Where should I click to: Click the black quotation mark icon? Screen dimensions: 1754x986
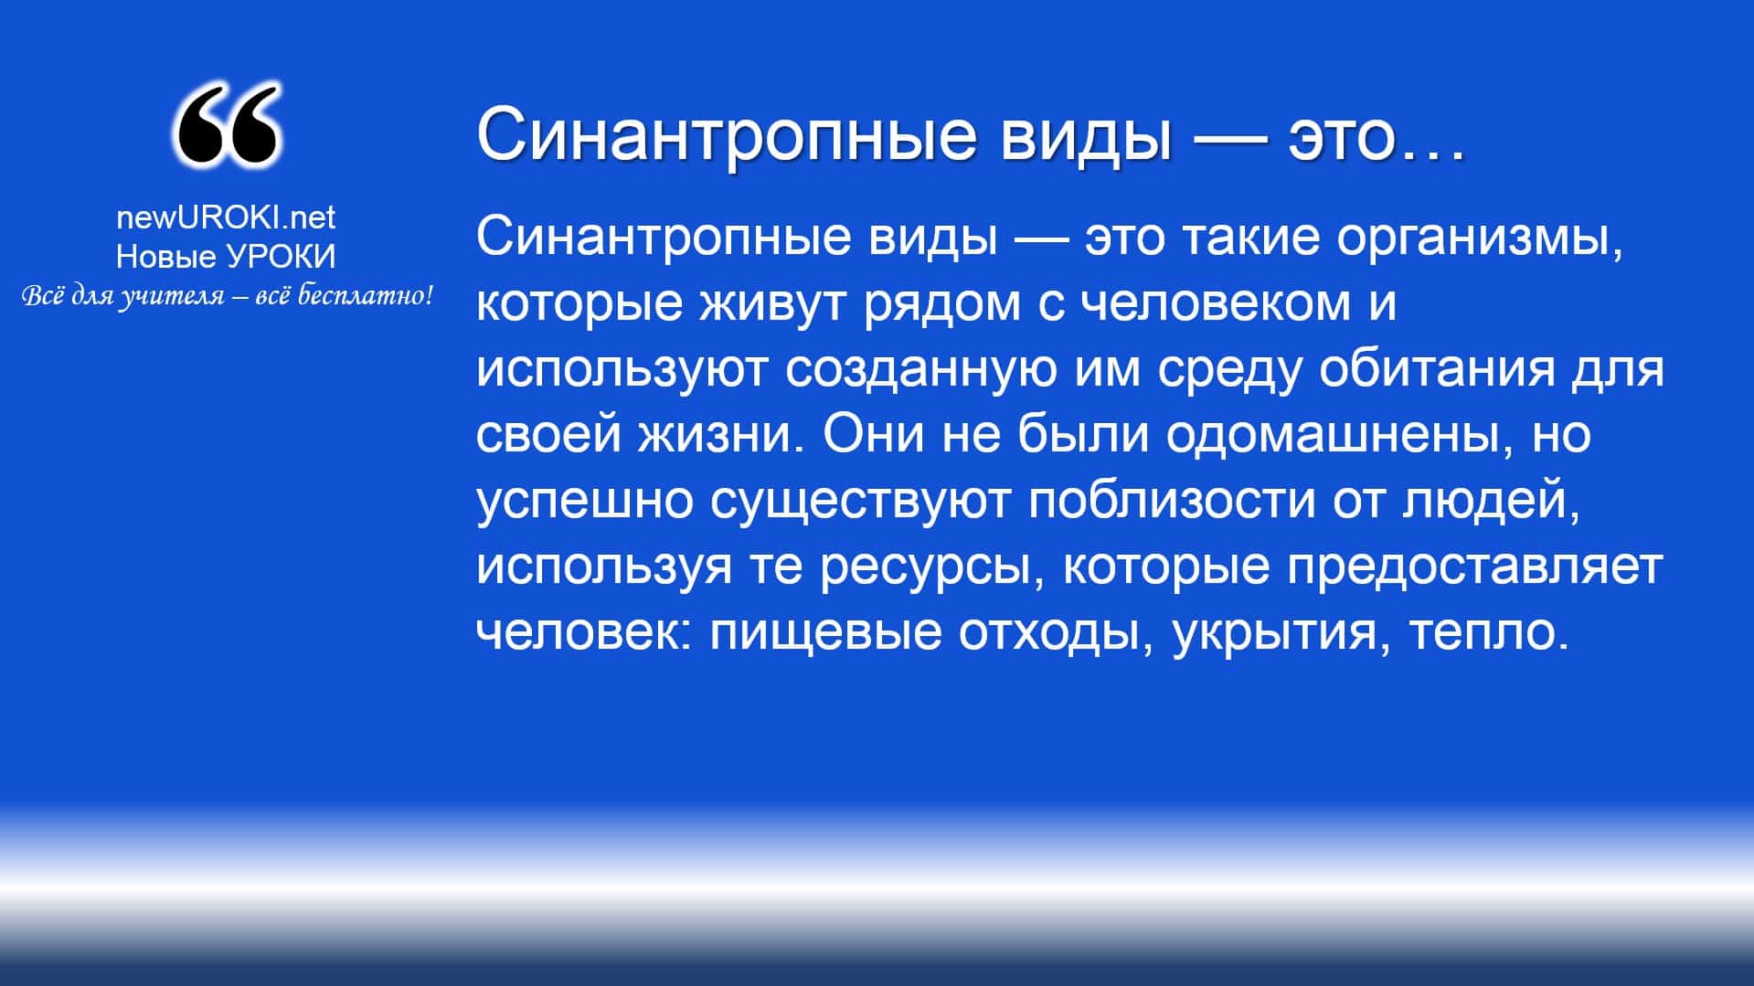click(x=226, y=126)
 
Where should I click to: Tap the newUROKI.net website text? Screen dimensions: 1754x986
click(x=226, y=217)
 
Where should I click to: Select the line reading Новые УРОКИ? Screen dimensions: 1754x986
click(x=226, y=257)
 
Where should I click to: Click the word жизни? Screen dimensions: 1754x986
click(x=714, y=436)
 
